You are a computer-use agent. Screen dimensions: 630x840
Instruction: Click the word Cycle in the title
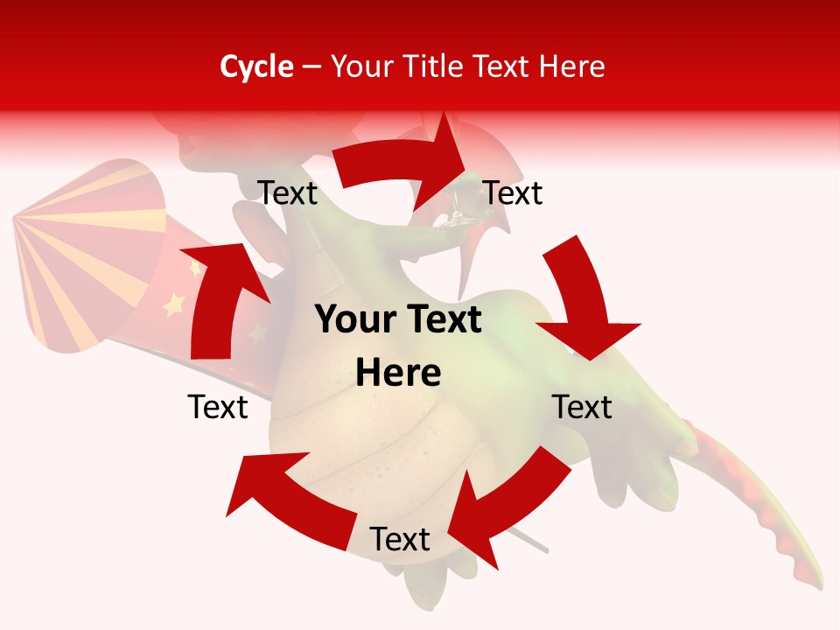pos(256,66)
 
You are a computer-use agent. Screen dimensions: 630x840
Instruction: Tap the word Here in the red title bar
pos(572,66)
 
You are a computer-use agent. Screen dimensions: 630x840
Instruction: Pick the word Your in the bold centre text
pos(349,320)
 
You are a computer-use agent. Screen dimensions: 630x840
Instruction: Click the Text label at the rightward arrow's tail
pos(288,193)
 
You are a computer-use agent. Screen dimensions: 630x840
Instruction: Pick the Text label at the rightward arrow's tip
pos(513,193)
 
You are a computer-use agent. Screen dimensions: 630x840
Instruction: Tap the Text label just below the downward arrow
pos(582,407)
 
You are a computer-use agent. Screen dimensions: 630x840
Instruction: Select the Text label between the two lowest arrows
pos(400,540)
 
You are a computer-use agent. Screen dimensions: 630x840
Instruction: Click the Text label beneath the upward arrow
pos(218,407)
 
